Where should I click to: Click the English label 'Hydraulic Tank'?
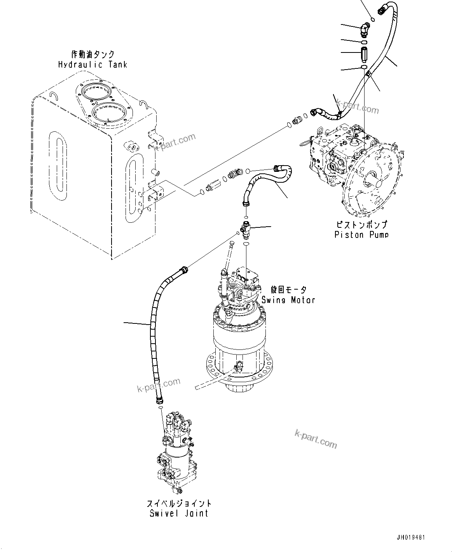92,65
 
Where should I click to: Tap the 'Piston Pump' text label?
361,234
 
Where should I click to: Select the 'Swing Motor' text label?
288,300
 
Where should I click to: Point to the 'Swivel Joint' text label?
179,513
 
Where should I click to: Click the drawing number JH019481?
411,538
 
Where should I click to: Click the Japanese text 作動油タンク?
92,54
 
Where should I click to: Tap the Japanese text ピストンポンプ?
361,225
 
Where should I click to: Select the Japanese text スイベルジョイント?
179,503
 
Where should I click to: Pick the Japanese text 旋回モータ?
288,290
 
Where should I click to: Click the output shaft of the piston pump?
372,180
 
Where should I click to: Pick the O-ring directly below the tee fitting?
246,244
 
